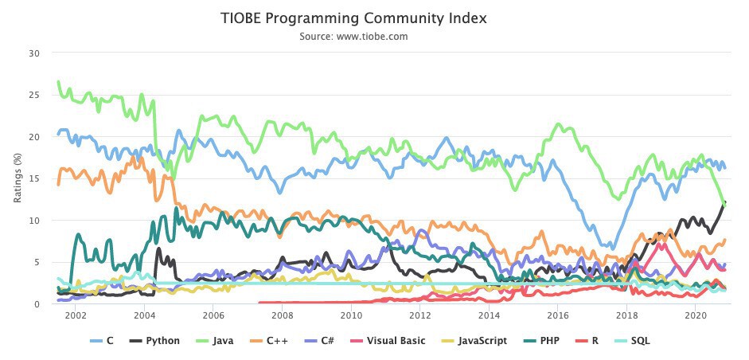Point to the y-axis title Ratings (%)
pos(17,178)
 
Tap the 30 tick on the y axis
pos(33,53)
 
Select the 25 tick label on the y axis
pos(33,96)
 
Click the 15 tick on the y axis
pos(33,179)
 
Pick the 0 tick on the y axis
pos(35,304)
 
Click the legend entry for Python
pos(157,341)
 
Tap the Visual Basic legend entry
pos(388,341)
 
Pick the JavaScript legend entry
pos(474,341)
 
